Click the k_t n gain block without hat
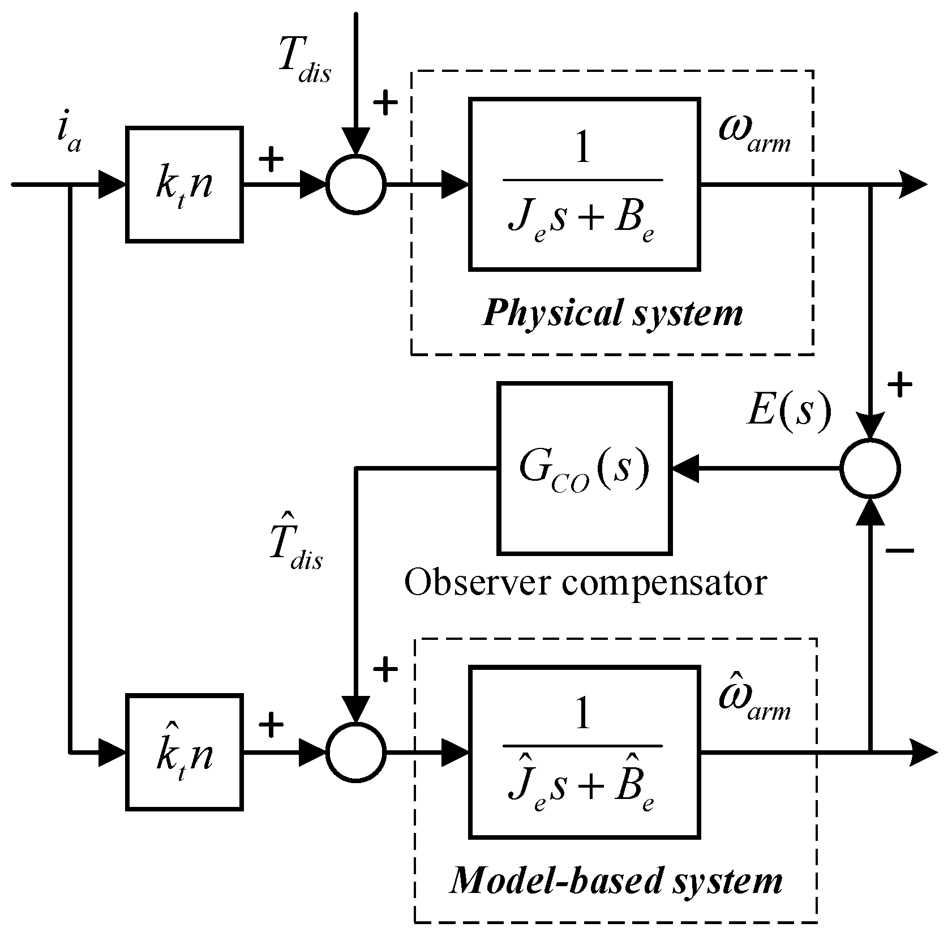[184, 185]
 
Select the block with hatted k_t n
[184, 752]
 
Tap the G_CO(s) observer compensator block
[584, 468]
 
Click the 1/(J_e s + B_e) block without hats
[584, 184]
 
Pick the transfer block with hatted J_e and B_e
[584, 752]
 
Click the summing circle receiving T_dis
[356, 184]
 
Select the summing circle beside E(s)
[870, 468]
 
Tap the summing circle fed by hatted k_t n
[356, 753]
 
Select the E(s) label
[789, 410]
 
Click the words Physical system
[612, 313]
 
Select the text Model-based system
[616, 881]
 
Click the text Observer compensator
[585, 582]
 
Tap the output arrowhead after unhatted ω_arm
[912, 185]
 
